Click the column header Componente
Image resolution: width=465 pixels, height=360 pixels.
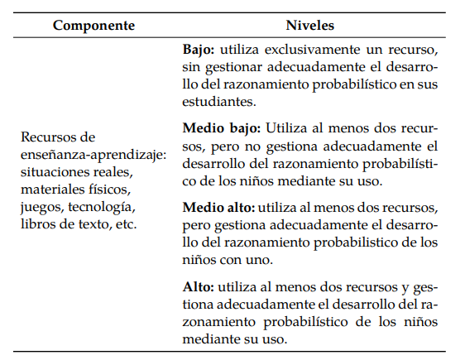(x=93, y=25)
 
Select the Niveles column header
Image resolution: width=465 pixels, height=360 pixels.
(x=310, y=25)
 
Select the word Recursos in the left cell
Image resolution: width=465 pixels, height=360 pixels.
(x=47, y=137)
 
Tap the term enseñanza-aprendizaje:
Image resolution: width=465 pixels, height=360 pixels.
(x=83, y=154)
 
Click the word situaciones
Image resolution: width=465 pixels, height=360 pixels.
(x=53, y=171)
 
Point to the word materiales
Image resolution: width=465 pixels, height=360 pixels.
(x=50, y=189)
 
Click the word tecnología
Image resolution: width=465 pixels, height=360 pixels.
(x=98, y=206)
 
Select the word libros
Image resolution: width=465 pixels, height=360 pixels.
(x=38, y=223)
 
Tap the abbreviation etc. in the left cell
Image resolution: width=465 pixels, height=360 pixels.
(x=124, y=223)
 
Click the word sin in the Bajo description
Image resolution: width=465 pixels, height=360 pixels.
(x=191, y=68)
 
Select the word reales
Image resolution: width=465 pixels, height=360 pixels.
(x=116, y=171)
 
